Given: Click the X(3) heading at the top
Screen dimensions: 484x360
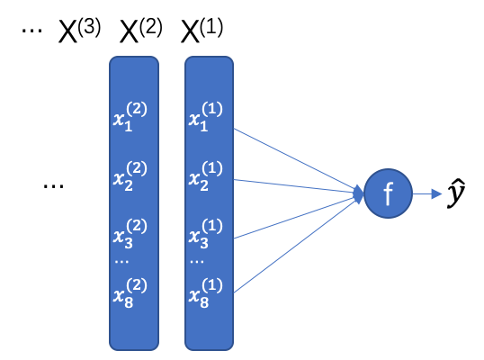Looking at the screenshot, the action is click(79, 31).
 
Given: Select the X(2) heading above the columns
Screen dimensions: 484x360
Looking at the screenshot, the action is click(140, 31).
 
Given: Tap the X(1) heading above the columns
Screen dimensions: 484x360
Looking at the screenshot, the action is click(202, 31).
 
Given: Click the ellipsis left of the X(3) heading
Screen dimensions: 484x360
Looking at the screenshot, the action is click(31, 31).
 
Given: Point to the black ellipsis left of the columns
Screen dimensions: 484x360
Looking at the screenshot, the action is click(53, 186).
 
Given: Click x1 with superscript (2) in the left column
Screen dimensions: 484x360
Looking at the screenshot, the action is click(130, 117).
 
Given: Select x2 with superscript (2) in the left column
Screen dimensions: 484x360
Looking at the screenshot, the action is click(130, 175).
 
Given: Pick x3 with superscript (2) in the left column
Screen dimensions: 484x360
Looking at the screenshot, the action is click(130, 233).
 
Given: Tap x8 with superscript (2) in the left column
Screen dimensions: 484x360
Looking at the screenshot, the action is click(130, 292).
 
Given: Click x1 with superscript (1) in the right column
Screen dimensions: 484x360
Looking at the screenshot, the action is click(206, 117).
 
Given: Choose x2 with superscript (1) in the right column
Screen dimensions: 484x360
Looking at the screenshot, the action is click(206, 175).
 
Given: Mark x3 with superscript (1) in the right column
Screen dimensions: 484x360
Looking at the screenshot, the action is click(206, 233).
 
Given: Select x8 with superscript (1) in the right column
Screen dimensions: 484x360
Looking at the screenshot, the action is click(206, 292).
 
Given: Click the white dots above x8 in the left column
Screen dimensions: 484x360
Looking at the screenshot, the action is click(121, 262).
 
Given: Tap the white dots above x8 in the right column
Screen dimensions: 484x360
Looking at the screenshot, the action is click(197, 262).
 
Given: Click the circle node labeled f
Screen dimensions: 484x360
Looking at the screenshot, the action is click(388, 193).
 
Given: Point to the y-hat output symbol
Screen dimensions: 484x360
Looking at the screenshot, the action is click(456, 193).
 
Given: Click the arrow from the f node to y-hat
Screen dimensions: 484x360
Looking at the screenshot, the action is click(427, 193).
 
